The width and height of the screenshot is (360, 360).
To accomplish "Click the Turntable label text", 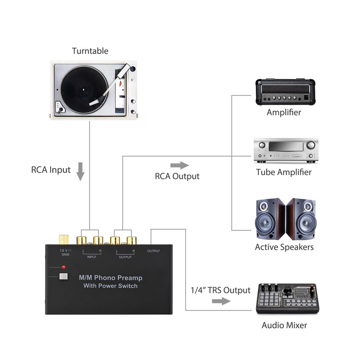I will point(90,51).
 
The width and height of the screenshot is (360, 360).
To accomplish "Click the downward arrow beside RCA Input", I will point(81,171).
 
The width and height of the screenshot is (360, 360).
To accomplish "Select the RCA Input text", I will point(51,170).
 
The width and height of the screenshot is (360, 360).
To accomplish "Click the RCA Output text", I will point(177,176).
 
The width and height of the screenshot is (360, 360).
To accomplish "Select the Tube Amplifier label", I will point(283,172).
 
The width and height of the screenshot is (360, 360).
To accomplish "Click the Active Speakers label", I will point(284,247).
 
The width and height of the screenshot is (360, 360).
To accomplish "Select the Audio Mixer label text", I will point(284,325).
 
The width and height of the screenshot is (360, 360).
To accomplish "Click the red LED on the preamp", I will point(64,267).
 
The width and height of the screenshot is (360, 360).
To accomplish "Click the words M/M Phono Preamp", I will point(111,278).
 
